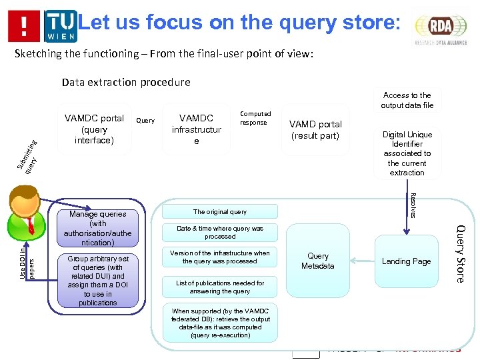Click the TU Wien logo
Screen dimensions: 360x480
coord(61,26)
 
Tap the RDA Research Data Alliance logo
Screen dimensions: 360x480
coord(440,27)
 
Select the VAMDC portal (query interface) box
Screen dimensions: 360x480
coord(94,129)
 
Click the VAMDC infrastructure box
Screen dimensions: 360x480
coord(196,129)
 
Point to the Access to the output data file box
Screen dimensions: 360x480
coord(407,100)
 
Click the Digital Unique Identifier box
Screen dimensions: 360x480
coord(407,153)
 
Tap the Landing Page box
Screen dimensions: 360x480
coord(406,261)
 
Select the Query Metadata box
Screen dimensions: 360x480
coord(318,261)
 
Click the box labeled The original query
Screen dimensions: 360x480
coord(220,212)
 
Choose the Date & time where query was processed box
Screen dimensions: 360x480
coord(220,232)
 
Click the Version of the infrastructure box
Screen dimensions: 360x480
coord(220,257)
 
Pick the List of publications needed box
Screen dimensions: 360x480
coord(220,287)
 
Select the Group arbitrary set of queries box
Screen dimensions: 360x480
coord(97,281)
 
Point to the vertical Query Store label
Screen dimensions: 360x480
coord(460,253)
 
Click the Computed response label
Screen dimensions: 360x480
coord(255,118)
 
